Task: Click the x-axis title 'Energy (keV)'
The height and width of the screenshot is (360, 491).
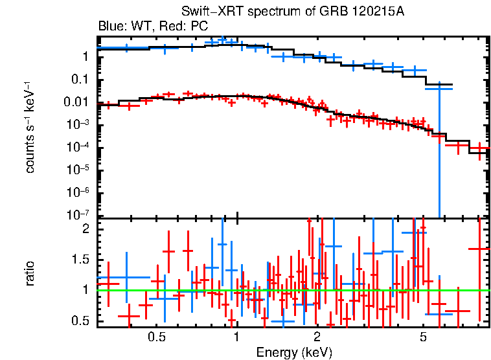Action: [x=294, y=352]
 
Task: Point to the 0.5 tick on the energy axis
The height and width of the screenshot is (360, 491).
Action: [x=155, y=337]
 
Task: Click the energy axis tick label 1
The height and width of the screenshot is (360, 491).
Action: [x=237, y=337]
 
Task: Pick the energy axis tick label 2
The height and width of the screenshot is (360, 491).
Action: [x=317, y=337]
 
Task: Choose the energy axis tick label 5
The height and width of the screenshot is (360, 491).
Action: [x=423, y=337]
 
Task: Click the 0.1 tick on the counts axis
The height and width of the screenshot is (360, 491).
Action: [x=79, y=80]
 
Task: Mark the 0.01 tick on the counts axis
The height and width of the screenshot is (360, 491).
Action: [x=75, y=102]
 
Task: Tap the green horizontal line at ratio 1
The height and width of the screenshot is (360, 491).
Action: [x=194, y=291]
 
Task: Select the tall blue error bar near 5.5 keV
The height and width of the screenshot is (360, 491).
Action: [x=440, y=149]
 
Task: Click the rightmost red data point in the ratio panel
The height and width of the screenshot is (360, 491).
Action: [x=479, y=249]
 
